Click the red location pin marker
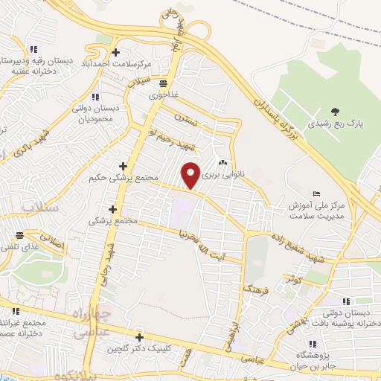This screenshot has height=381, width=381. click(191, 175)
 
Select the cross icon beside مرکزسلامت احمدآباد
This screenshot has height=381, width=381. click(115, 52)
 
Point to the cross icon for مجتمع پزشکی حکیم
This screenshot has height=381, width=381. click(123, 166)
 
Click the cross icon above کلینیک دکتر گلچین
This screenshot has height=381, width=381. click(138, 336)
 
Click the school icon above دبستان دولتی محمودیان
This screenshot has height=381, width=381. click(95, 97)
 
